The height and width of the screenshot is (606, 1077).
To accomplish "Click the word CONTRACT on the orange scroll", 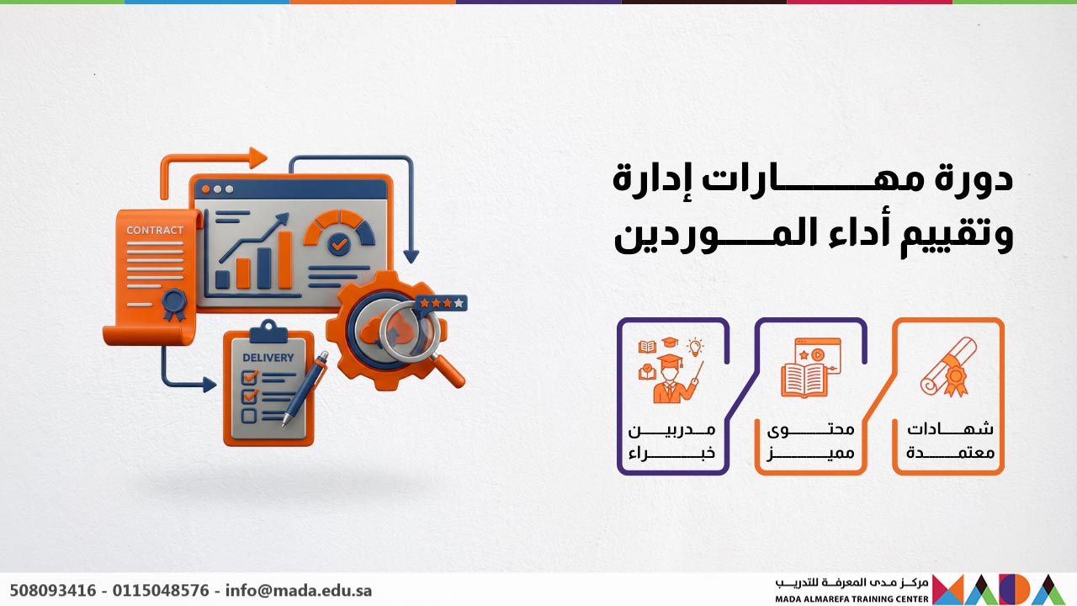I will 155,230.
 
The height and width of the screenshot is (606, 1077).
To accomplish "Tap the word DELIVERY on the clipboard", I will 268,358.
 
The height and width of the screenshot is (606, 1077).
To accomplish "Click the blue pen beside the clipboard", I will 305,389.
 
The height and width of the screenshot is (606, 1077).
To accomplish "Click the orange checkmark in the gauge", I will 339,244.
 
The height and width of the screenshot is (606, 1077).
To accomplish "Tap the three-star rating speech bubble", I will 442,302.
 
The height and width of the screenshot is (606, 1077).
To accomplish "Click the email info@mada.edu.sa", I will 299,591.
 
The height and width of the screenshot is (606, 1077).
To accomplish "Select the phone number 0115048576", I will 161,591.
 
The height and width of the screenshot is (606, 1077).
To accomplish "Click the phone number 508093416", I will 52,591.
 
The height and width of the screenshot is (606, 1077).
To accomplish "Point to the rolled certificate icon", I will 949,366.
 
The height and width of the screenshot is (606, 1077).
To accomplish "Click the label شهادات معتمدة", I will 950,440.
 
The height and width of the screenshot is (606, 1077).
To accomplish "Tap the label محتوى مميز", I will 810,440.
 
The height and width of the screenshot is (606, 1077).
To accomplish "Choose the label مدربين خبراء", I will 672,440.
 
